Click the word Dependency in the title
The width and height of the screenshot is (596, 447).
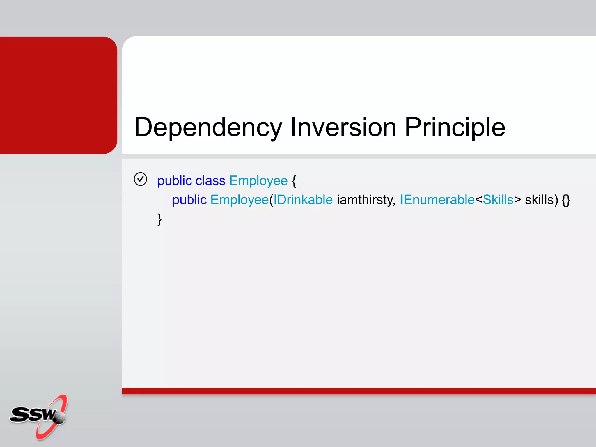pos(208,127)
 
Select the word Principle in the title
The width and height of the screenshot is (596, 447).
pos(455,127)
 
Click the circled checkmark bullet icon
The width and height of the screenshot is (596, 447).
pos(140,179)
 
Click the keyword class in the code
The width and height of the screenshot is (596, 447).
pos(210,181)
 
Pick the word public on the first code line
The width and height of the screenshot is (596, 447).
pos(175,181)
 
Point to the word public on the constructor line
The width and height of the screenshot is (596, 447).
pos(189,200)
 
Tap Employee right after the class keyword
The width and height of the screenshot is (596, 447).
pos(258,181)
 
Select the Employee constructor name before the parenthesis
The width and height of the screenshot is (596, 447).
pos(239,200)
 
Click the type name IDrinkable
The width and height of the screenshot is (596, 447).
pos(303,200)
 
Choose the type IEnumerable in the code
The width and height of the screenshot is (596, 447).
pos(437,200)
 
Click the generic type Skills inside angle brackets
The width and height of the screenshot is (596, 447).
pos(498,200)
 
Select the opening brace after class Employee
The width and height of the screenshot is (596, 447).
pos(294,181)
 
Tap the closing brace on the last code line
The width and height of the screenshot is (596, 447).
pos(159,219)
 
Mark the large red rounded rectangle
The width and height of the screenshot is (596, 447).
pos(58,95)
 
